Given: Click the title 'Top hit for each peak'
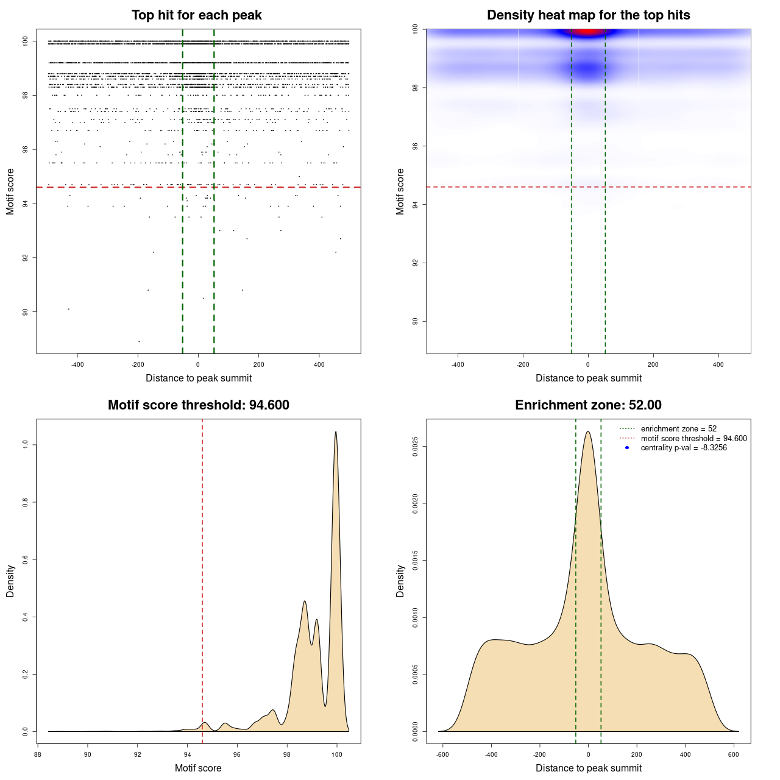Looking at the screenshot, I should click(197, 15).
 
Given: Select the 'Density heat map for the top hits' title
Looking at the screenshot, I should click(588, 15).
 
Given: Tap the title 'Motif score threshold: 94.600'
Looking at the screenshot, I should click(198, 405).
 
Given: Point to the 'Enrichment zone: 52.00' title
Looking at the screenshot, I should click(588, 405).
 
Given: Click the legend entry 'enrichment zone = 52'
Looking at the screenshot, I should click(678, 429).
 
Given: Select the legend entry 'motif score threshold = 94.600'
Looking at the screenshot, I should click(693, 438).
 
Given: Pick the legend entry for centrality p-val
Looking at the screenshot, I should click(684, 448).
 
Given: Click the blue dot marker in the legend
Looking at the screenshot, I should click(627, 448).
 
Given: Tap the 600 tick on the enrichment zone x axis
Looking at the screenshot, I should click(734, 754).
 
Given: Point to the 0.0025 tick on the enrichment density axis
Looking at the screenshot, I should click(416, 447).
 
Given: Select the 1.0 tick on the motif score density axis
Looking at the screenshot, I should click(26, 445).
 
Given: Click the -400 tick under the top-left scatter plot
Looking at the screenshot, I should click(77, 364).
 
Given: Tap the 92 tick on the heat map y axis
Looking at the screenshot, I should click(416, 263).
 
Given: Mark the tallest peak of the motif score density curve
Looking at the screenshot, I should click(336, 432).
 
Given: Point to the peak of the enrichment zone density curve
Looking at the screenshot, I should click(588, 432).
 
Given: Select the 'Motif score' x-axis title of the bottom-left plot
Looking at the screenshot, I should click(198, 768).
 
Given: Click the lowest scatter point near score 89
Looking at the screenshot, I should click(139, 341).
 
